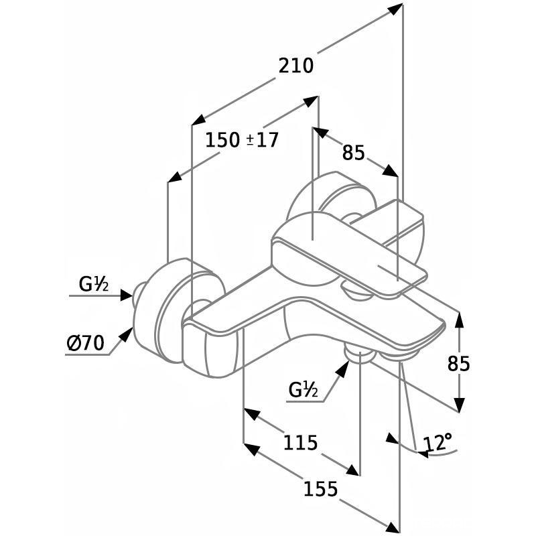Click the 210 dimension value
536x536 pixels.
coord(296,66)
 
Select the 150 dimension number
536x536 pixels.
coord(222,140)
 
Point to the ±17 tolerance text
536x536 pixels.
coord(263,140)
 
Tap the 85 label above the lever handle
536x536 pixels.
coord(354,153)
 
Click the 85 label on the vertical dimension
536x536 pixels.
coord(459,363)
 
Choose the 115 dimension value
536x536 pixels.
coord(299,442)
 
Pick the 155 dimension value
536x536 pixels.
coord(320,489)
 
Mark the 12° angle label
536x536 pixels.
coord(438,443)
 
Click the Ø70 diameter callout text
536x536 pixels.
coord(86,344)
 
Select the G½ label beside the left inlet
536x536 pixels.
coord(94,284)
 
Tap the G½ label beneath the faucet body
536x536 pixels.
coord(304,389)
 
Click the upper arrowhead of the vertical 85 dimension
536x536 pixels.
coord(459,319)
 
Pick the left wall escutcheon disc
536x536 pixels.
coord(171,308)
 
